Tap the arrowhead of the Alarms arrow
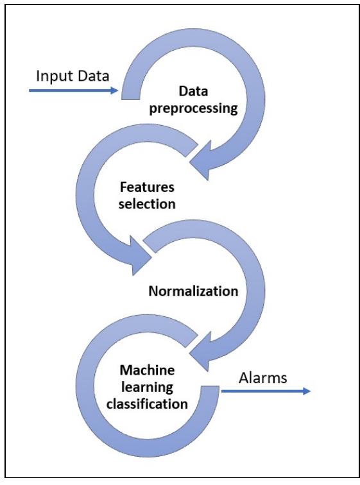pos(307,389)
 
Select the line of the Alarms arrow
pos(263,389)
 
